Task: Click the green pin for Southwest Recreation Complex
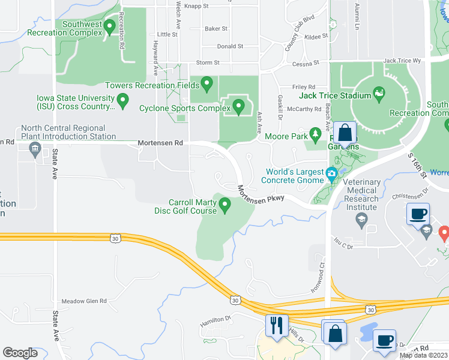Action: coord(109,26)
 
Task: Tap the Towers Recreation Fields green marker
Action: coord(207,83)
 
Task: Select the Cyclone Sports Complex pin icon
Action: coord(238,107)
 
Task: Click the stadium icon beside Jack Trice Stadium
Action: coord(379,94)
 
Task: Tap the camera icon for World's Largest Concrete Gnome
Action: coord(331,175)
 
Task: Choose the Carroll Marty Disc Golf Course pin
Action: coord(225,206)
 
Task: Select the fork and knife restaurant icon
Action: coord(276,326)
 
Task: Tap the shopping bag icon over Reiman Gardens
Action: coord(346,132)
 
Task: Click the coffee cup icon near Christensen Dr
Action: coord(418,213)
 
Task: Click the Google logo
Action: coord(20,353)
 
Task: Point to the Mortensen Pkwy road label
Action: coord(259,193)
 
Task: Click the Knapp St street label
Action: coord(196,6)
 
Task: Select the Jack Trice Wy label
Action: coord(402,61)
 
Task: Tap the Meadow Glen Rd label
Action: coord(84,301)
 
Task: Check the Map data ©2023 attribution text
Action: coord(423,355)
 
